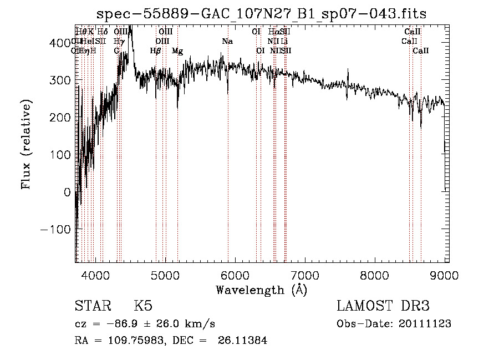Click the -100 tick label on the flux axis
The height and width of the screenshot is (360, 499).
tap(55, 229)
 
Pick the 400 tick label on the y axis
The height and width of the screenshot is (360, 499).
tap(60, 43)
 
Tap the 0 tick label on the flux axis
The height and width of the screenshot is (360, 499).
tap(67, 192)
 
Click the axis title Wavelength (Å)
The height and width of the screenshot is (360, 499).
tap(261, 290)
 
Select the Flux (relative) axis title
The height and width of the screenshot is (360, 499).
tap(27, 144)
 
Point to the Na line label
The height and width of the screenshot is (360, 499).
tap(227, 42)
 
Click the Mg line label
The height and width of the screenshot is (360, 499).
tap(177, 51)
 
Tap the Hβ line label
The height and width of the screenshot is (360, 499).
tap(156, 51)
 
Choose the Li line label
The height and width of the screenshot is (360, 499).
tap(284, 42)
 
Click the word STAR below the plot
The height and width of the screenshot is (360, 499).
tap(91, 306)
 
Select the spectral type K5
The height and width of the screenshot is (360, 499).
tap(143, 306)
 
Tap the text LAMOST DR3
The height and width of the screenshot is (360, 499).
tap(383, 306)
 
